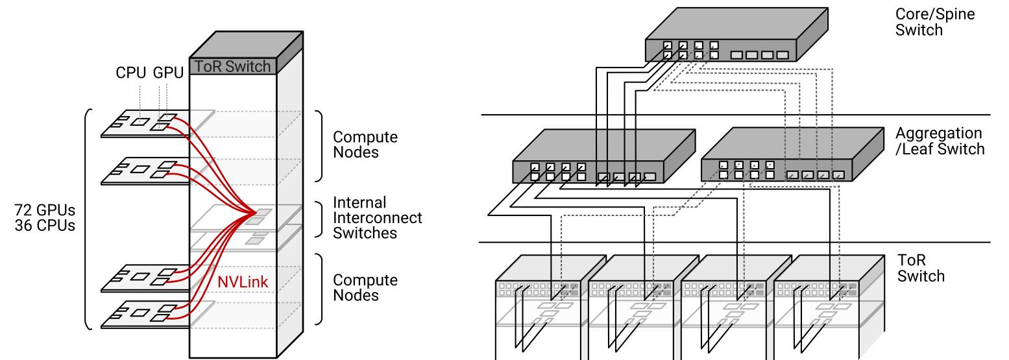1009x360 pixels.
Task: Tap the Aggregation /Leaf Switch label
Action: click(x=940, y=141)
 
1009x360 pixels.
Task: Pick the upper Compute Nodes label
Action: click(x=365, y=146)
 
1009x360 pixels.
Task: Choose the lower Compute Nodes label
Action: click(x=365, y=288)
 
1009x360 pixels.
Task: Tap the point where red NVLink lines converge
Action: click(x=254, y=213)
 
